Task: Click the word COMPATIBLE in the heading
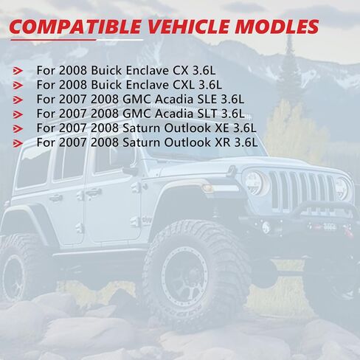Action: tap(75, 27)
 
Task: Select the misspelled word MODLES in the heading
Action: tap(277, 27)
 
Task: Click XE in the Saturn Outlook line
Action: tap(222, 128)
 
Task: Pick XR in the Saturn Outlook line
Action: tap(223, 142)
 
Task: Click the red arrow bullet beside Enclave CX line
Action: tap(18, 71)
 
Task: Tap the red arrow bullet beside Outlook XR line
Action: tap(18, 143)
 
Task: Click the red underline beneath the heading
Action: tap(53, 39)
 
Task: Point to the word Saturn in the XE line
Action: tap(142, 128)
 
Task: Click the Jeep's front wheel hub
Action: tap(187, 275)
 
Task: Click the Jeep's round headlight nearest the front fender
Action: tap(254, 183)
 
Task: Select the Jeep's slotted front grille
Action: tap(302, 190)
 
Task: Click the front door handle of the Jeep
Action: tap(94, 192)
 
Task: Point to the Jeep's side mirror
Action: tap(130, 170)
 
